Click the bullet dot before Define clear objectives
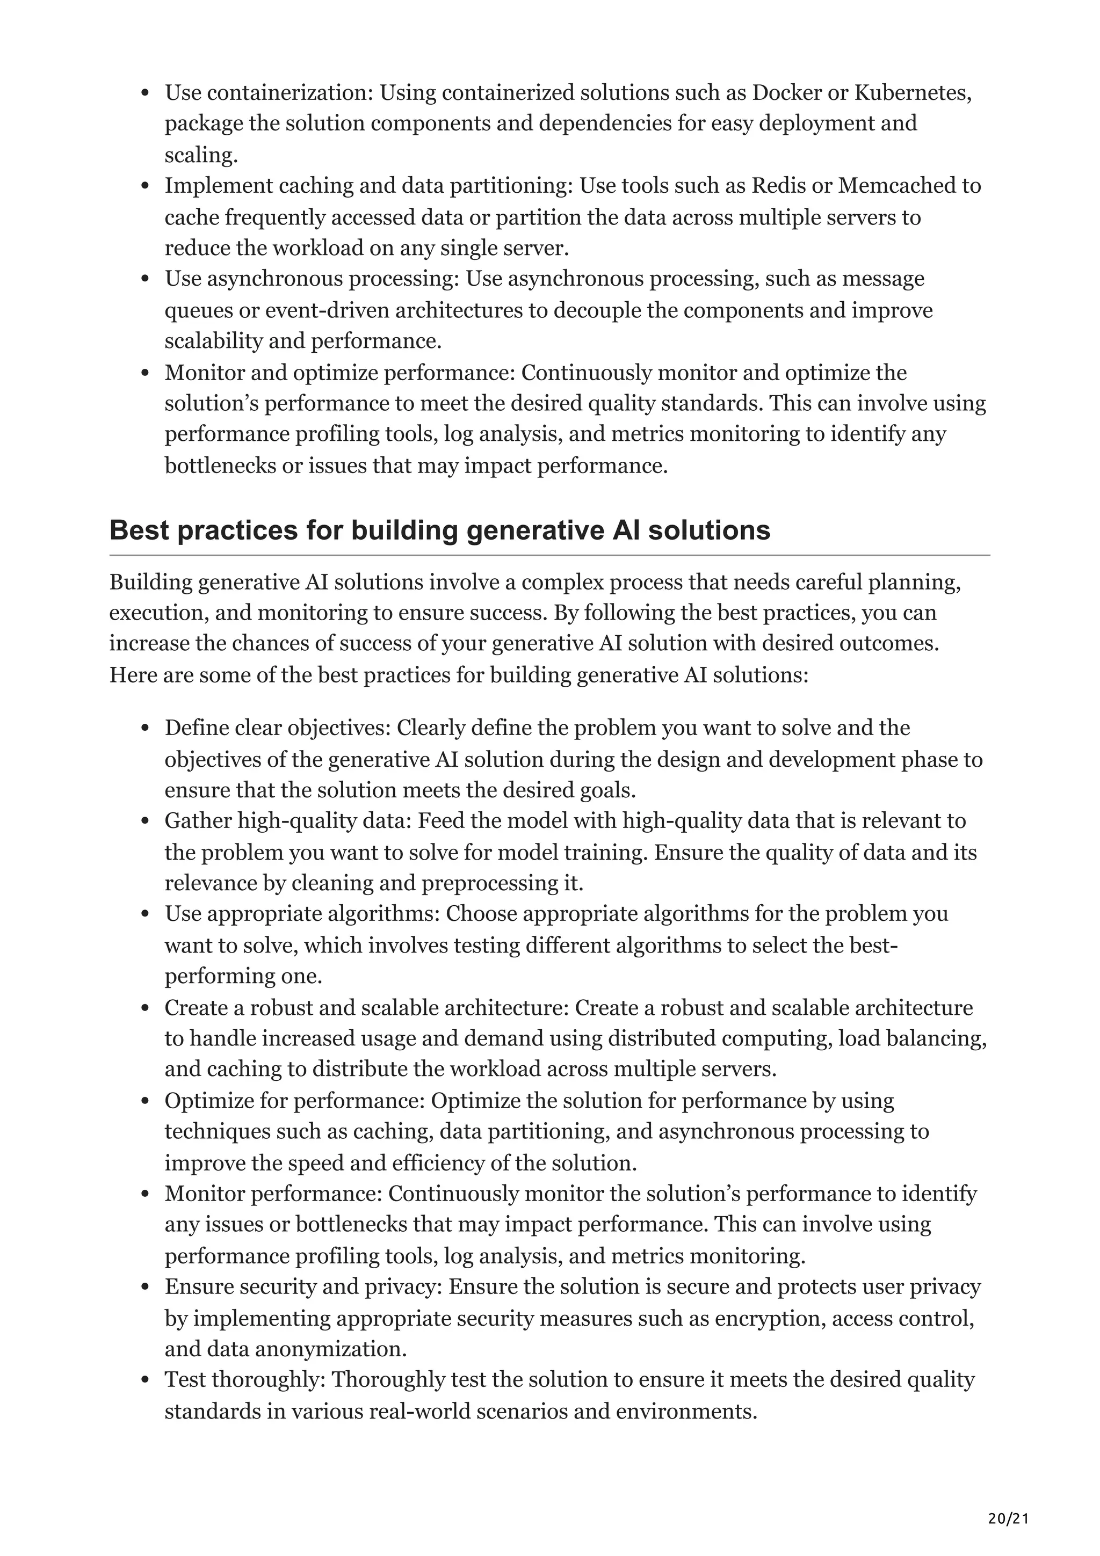pyautogui.click(x=144, y=729)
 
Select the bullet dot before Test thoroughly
pyautogui.click(x=144, y=1381)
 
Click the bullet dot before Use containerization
pyautogui.click(x=144, y=93)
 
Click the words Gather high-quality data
pyautogui.click(x=288, y=821)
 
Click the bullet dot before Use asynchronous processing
pyautogui.click(x=144, y=279)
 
